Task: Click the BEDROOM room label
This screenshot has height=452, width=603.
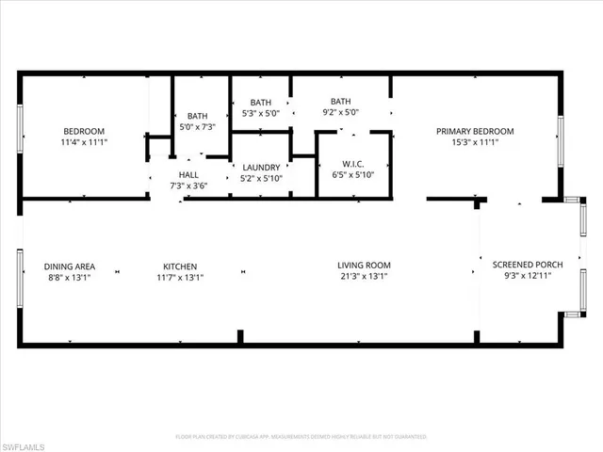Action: point(84,131)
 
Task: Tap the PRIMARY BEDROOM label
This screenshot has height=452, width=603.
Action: point(474,131)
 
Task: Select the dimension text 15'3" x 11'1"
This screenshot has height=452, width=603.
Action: point(474,143)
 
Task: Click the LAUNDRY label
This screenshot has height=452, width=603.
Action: point(261,168)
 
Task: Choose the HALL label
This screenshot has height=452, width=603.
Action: point(188,174)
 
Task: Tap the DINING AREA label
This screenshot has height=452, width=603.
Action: point(70,266)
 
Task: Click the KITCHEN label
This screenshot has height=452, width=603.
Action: point(179,266)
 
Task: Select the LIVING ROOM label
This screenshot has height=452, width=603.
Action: point(364,266)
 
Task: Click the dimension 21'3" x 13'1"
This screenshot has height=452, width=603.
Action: point(364,277)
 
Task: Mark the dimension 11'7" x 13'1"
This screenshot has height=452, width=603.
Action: point(179,277)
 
